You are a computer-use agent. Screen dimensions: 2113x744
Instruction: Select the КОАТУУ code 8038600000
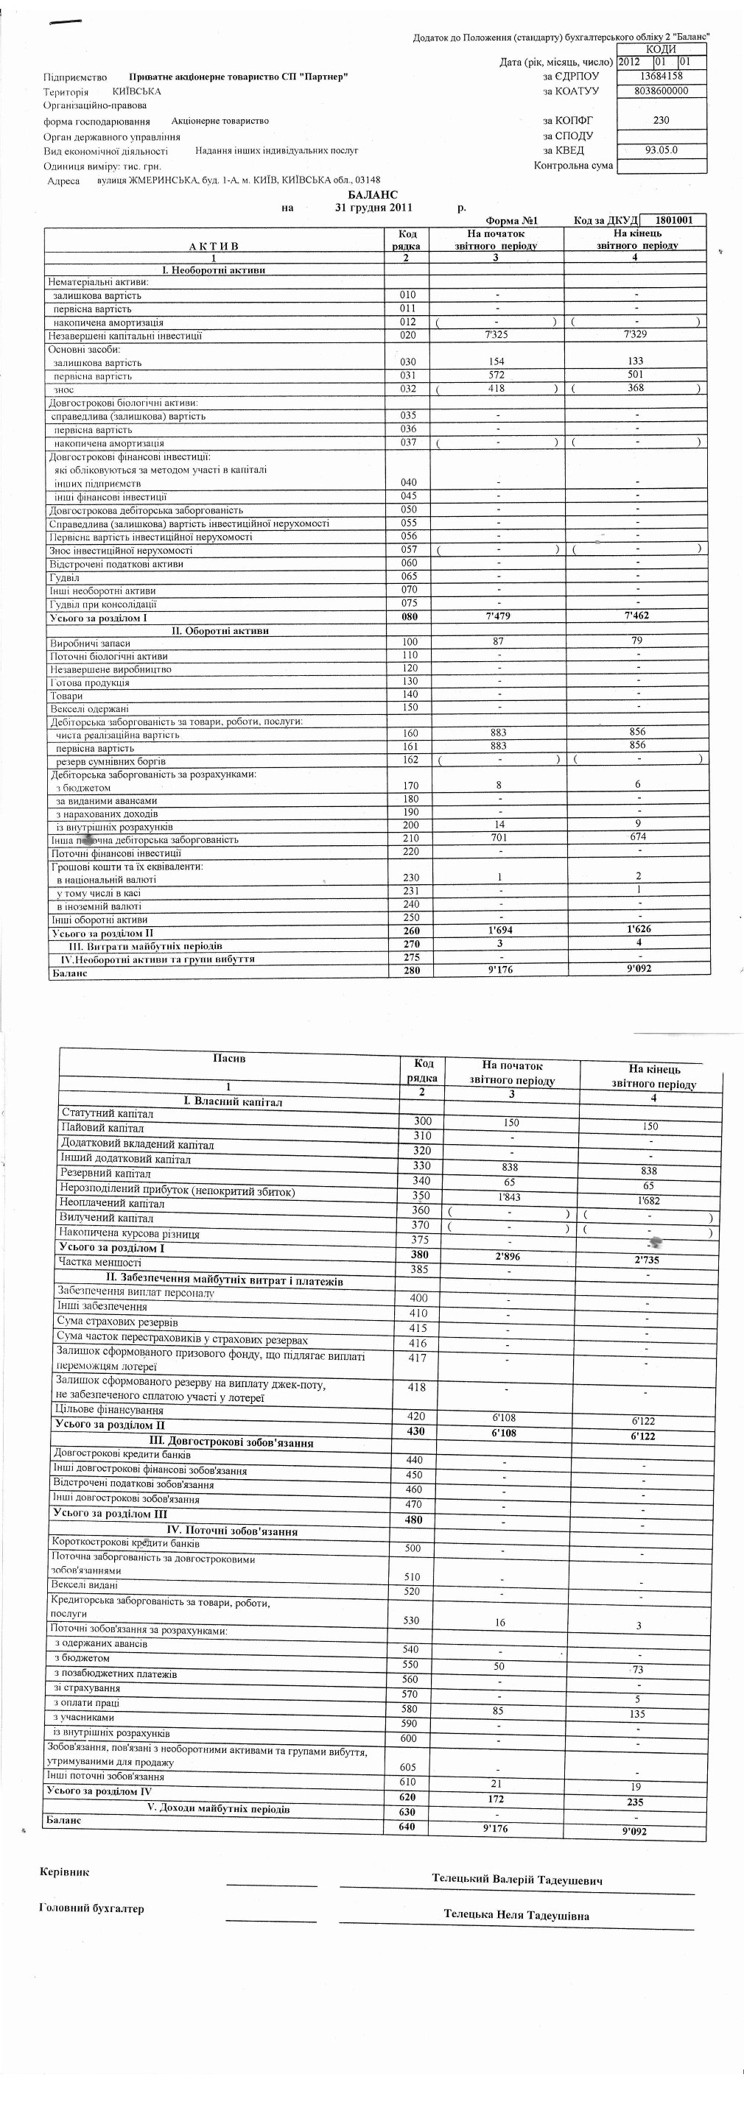point(661,91)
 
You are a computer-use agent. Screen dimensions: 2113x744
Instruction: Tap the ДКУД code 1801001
point(674,220)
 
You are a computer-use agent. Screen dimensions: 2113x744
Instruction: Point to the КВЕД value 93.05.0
point(661,150)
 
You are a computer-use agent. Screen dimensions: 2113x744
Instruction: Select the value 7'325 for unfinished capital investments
point(498,335)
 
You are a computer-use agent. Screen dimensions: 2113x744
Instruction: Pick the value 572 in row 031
point(496,375)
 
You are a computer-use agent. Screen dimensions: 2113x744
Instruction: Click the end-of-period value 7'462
point(636,615)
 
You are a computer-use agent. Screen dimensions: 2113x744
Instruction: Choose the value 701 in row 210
point(499,838)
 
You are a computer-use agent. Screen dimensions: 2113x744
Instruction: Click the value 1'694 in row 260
point(499,930)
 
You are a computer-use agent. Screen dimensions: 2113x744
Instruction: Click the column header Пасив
point(229,1058)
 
